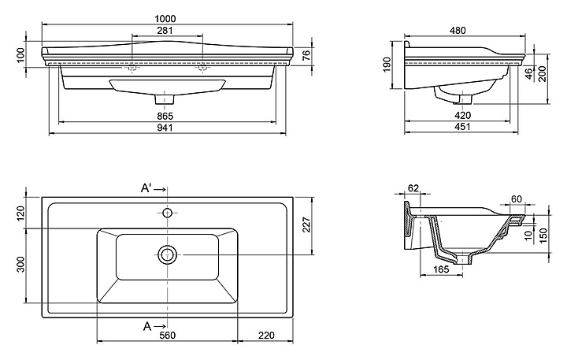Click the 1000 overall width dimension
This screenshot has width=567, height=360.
pos(165,18)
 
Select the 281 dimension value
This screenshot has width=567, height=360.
pos(165,31)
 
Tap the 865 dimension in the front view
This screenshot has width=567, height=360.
pos(165,116)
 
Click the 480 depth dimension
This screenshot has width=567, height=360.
pos(458,31)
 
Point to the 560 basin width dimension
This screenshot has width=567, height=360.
pos(168,336)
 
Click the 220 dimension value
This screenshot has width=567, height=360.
pos(266,336)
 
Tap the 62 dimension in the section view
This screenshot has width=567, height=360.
pos(413,189)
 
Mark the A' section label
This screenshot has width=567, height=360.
pos(146,189)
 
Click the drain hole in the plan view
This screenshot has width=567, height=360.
pos(167,254)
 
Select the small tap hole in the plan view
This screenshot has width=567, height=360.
pos(167,213)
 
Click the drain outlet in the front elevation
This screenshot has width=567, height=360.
pos(165,101)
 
